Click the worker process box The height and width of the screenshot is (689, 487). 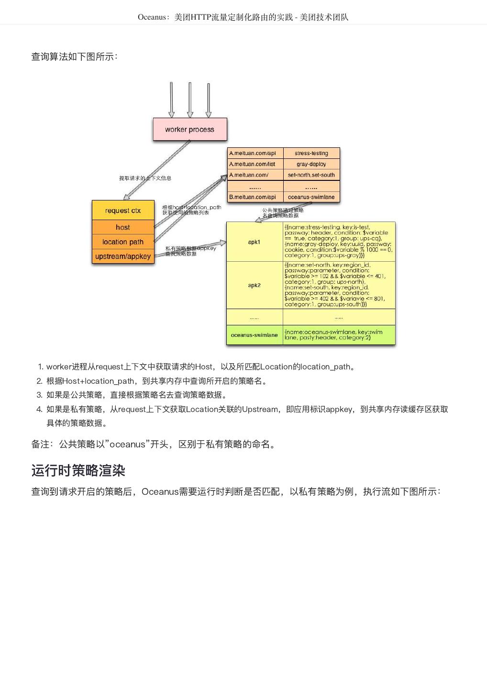(189, 129)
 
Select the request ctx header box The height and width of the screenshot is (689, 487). (123, 211)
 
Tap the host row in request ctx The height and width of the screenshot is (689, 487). (123, 227)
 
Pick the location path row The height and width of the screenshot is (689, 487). (123, 242)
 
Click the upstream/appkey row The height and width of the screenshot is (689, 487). (123, 256)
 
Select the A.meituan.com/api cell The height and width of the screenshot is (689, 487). (255, 153)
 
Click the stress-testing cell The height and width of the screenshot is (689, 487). (311, 153)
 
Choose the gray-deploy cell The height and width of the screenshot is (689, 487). (311, 164)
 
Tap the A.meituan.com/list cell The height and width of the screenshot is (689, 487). (255, 164)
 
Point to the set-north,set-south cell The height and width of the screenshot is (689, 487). (311, 175)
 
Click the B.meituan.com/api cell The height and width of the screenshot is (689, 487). (255, 197)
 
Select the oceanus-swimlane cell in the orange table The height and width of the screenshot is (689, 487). (311, 197)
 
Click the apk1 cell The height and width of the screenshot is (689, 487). (255, 242)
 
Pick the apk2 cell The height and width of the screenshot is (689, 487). (255, 285)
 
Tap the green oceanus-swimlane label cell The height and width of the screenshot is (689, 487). (255, 335)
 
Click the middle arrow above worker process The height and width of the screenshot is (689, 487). (190, 100)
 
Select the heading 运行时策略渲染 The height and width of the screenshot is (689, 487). (78, 470)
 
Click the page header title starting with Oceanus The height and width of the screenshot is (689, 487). (243, 17)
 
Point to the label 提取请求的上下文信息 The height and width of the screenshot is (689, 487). (145, 178)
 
